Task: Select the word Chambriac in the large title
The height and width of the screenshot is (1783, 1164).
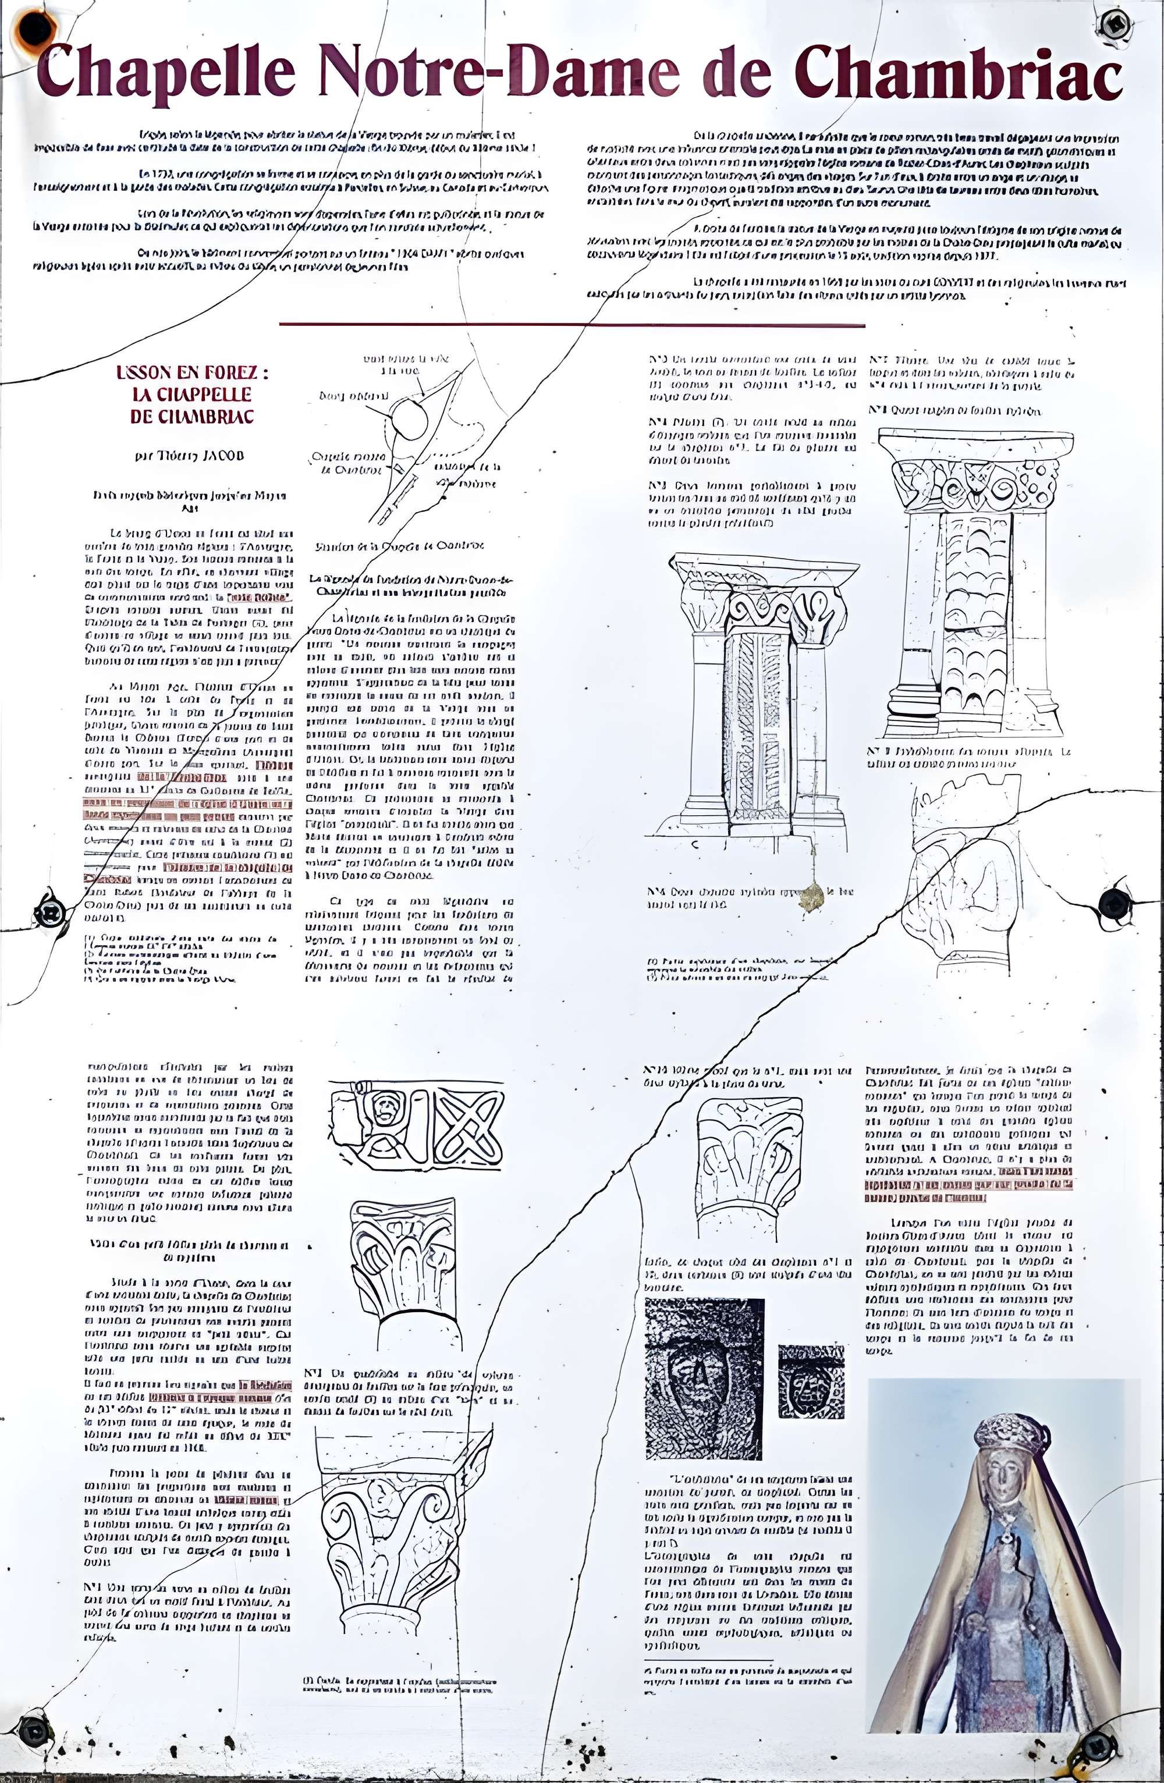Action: [959, 71]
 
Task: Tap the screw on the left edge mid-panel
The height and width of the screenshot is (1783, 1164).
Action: [50, 912]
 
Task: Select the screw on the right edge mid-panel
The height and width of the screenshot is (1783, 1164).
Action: [1115, 904]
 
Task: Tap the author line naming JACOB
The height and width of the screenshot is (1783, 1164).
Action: [190, 456]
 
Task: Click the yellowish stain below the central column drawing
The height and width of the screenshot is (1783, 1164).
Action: [811, 895]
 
